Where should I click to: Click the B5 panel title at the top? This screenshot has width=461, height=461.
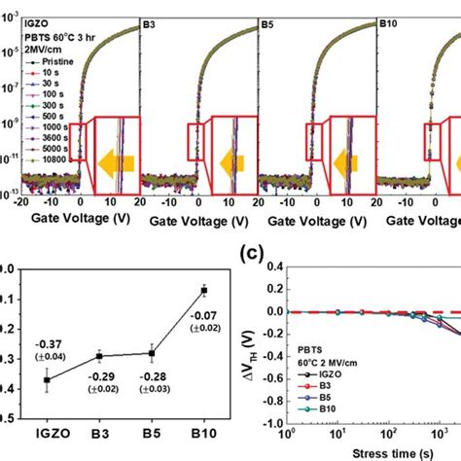point(270,20)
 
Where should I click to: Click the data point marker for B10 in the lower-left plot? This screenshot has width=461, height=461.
point(203,289)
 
